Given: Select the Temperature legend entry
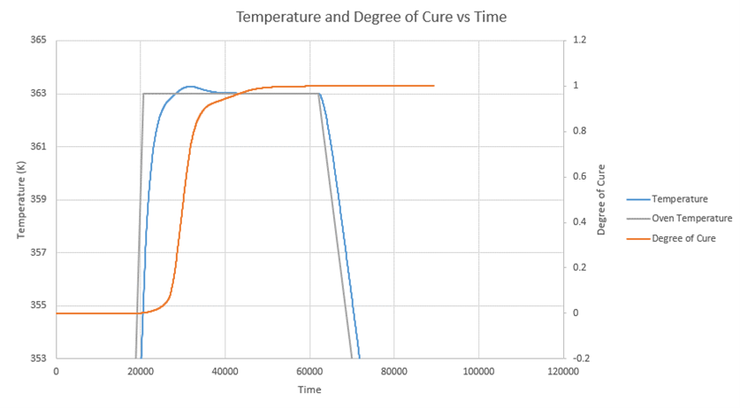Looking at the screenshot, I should click(680, 198).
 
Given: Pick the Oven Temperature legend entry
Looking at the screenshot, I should click(691, 218).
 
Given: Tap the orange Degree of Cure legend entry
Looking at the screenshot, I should click(685, 238).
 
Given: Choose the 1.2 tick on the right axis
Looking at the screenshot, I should click(579, 41).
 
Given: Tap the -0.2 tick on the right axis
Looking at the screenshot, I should click(581, 358).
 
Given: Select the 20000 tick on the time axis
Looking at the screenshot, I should click(141, 371).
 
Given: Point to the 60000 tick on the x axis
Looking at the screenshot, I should click(309, 371).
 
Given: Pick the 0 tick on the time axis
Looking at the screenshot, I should click(57, 371).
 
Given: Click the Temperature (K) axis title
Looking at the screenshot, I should click(20, 199).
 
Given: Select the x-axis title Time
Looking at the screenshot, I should click(309, 389).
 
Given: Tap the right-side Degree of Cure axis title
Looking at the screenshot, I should click(601, 199).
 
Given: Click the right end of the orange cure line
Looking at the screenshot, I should click(434, 86).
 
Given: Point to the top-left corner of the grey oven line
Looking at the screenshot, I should click(143, 93).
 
